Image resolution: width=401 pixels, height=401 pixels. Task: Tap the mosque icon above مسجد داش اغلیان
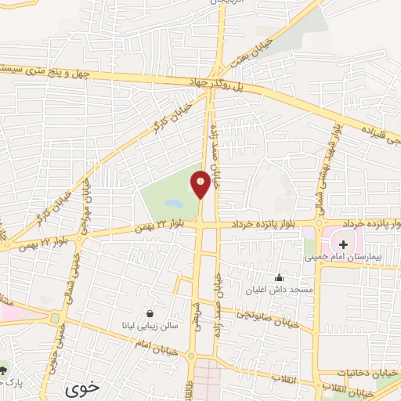[x=278, y=277]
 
